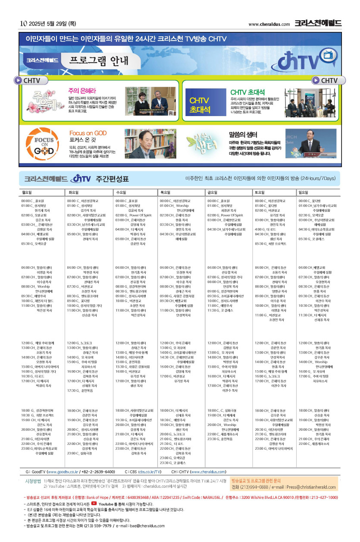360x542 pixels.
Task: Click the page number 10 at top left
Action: point(23,23)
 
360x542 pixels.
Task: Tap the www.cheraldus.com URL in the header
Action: point(269,24)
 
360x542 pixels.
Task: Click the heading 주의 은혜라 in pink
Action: point(80,91)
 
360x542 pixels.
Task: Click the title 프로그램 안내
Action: point(99,60)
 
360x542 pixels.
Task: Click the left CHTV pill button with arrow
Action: point(29,81)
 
